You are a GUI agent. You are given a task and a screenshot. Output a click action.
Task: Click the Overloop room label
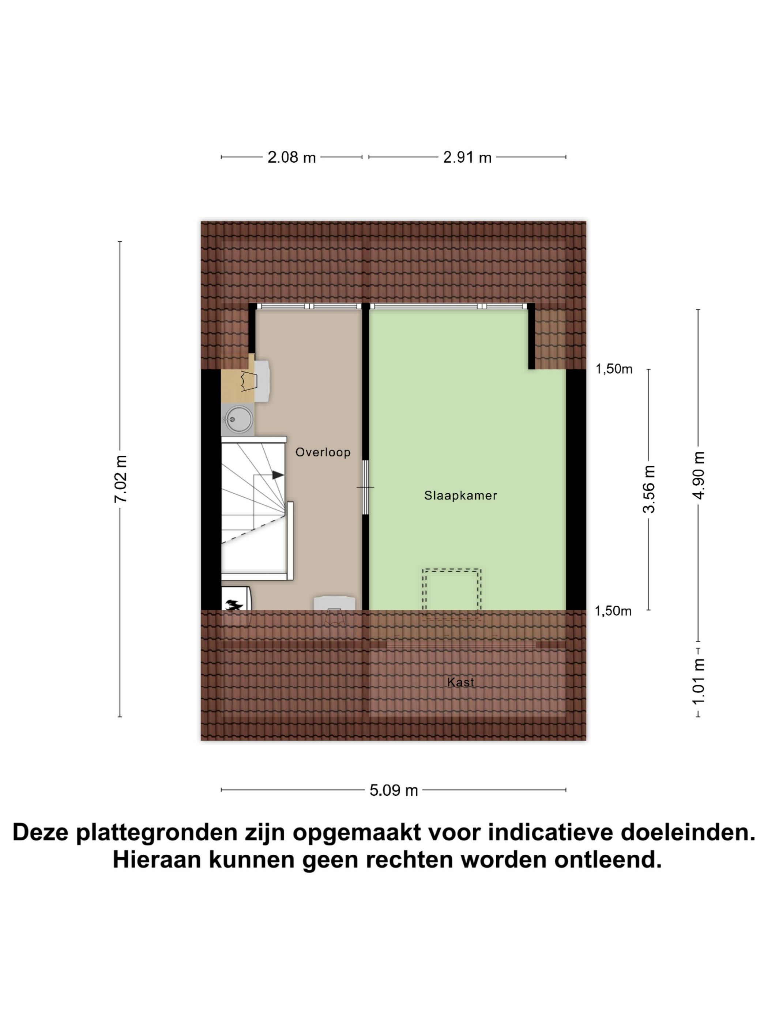(323, 452)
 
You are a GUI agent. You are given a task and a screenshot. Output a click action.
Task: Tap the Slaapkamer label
(460, 495)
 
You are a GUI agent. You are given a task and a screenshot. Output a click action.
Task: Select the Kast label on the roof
(460, 682)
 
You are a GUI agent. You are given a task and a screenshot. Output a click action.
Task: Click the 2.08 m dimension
(291, 157)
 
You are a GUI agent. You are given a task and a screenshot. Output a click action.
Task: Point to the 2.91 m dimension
(467, 157)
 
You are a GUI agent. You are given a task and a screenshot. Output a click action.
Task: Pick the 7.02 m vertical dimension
(121, 479)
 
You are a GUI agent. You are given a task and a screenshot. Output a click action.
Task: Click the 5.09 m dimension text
(394, 790)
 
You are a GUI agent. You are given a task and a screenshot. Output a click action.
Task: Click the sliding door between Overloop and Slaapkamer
(365, 487)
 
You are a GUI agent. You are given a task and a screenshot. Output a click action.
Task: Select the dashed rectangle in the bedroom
(451, 589)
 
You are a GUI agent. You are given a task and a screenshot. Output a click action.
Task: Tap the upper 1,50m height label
(613, 369)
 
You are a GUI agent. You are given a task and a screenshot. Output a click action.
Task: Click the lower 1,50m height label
(613, 611)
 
